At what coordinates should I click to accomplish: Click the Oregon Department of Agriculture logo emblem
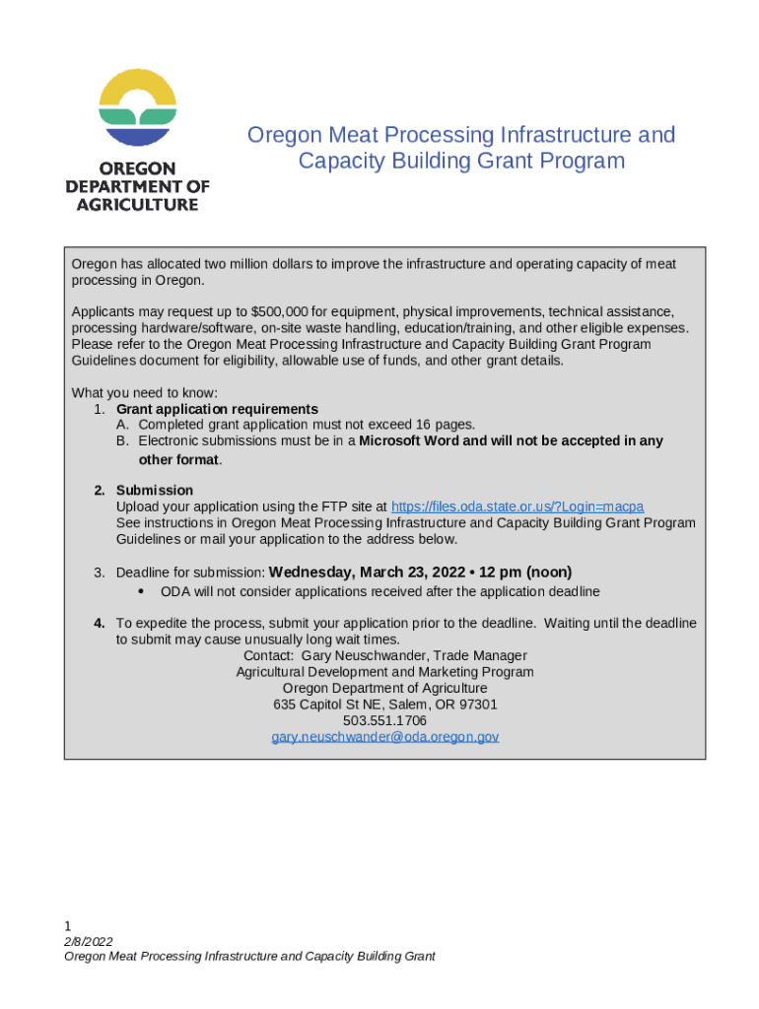point(138,109)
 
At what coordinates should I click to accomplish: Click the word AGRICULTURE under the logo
point(138,205)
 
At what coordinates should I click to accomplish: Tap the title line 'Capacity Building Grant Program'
point(461,161)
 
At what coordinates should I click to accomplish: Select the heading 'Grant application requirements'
point(217,409)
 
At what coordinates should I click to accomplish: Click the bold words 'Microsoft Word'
point(408,441)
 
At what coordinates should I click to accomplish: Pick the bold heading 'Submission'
point(155,491)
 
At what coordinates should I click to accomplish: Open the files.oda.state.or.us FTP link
point(517,506)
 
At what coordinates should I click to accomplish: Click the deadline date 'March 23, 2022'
point(414,572)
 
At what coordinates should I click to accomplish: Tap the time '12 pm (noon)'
point(525,572)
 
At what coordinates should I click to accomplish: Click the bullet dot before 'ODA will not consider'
point(142,592)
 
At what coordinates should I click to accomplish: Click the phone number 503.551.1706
point(384,721)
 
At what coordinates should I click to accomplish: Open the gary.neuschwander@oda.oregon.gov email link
point(385,737)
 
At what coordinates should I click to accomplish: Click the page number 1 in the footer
point(68,926)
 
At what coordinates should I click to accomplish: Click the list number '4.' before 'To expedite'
point(100,624)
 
